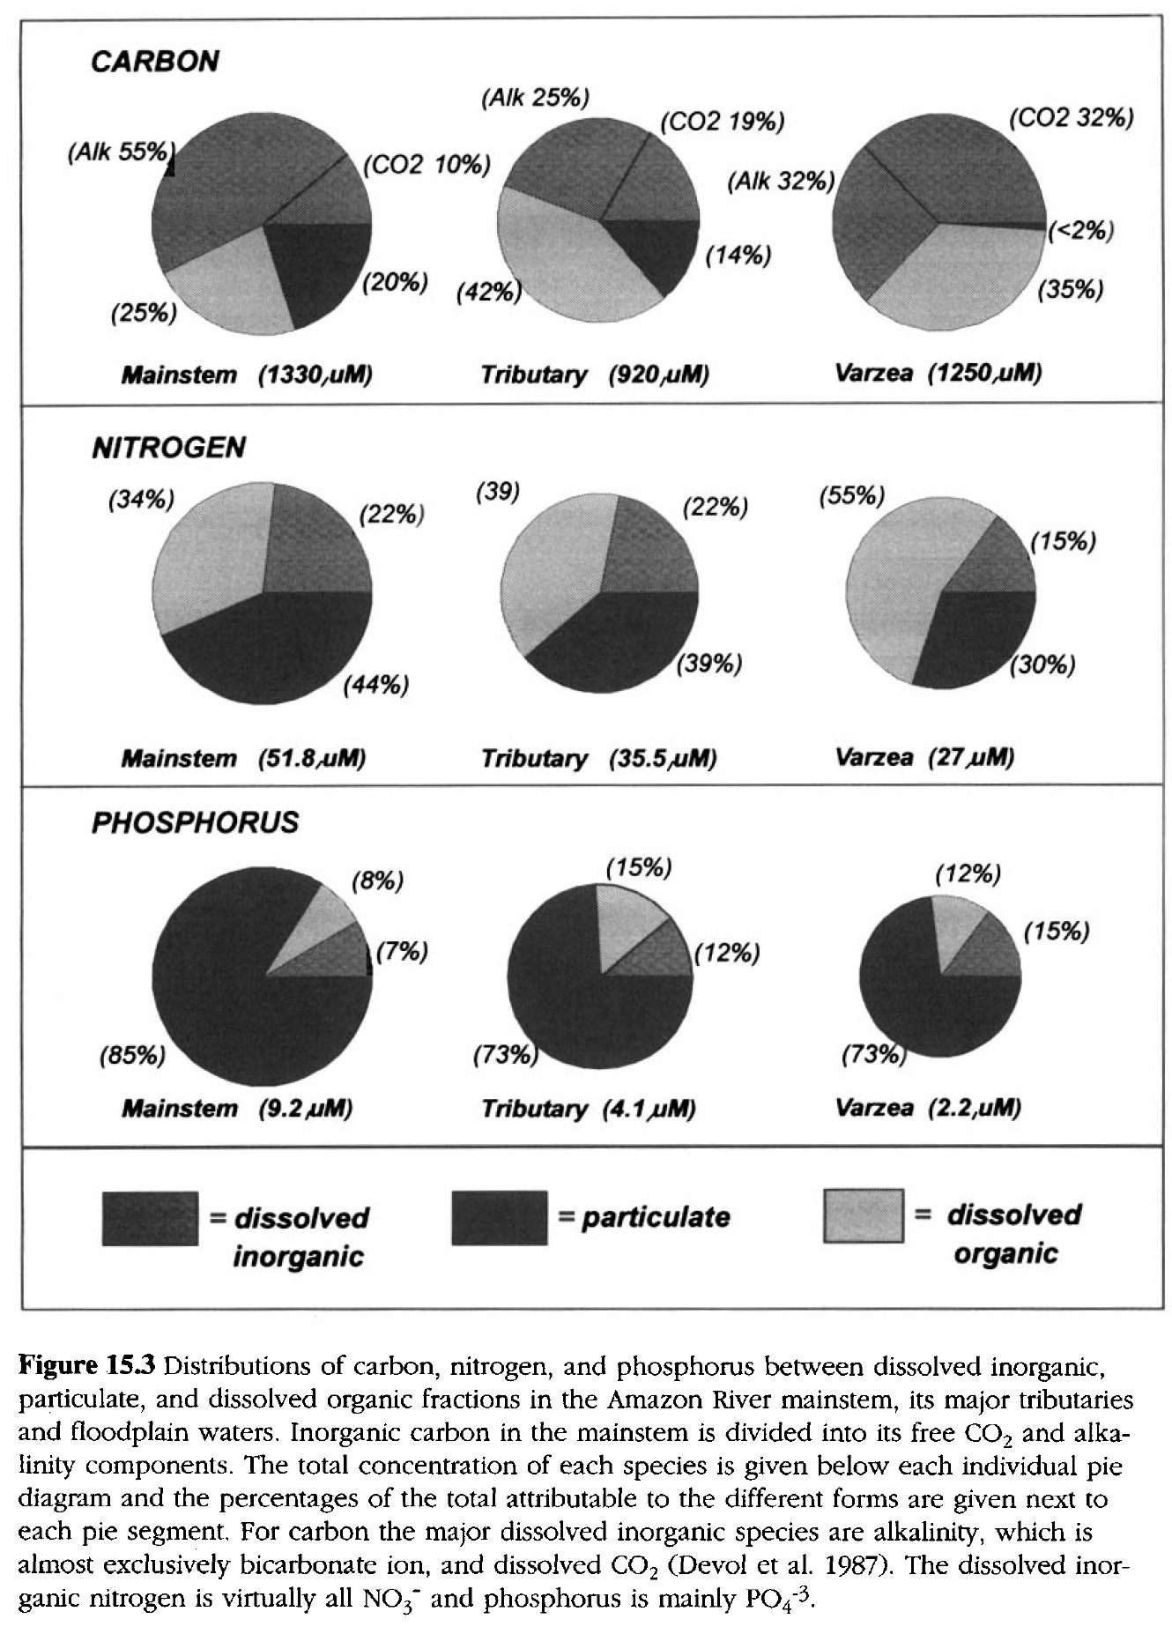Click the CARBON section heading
click(155, 63)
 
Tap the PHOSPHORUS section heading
click(195, 823)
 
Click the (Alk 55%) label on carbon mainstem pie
click(117, 152)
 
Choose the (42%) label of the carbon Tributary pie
click(485, 292)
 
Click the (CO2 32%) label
click(1071, 119)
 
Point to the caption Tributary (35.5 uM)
click(598, 758)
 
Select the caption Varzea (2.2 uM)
click(928, 1107)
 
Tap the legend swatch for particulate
click(499, 1218)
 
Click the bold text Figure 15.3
click(87, 1367)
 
